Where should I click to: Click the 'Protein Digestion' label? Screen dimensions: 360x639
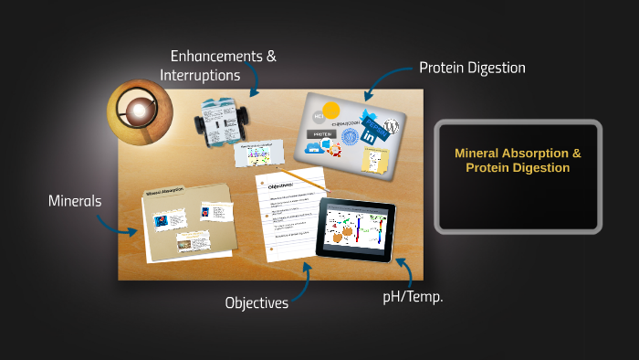(x=472, y=68)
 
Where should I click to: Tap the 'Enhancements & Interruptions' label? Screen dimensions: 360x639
(x=218, y=65)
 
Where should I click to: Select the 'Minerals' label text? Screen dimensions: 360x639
(x=75, y=200)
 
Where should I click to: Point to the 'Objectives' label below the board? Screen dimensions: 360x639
(x=257, y=302)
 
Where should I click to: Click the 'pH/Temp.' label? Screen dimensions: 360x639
(x=413, y=297)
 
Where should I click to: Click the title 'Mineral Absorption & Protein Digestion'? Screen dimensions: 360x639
(x=518, y=161)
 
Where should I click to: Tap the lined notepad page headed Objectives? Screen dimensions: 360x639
(x=289, y=215)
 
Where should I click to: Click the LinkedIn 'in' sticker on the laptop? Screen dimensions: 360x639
(x=372, y=133)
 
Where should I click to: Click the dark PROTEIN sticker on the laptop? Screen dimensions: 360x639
(x=320, y=133)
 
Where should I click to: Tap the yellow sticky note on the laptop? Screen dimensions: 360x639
(x=375, y=161)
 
